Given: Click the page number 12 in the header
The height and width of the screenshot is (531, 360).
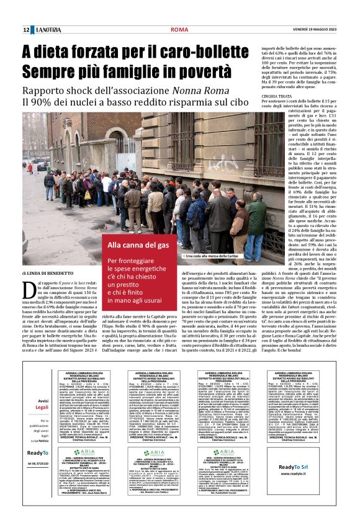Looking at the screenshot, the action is [x=27, y=30].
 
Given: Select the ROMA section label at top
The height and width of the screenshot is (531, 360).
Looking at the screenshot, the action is [x=179, y=30].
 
